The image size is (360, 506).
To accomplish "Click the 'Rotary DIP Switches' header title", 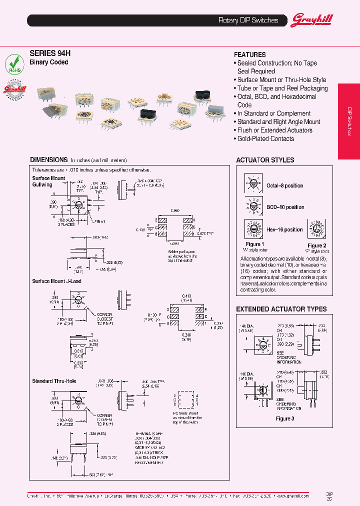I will tap(248, 20).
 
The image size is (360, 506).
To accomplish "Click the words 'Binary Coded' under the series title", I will tap(49, 62).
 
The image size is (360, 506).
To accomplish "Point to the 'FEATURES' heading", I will tap(250, 54).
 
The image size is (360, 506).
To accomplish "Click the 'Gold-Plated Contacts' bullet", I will tap(265, 138).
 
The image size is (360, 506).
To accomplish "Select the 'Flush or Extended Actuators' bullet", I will tap(274, 130).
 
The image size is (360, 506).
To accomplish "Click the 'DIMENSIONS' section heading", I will tap(48, 160).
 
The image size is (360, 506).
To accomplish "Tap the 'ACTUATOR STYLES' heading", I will tap(265, 160).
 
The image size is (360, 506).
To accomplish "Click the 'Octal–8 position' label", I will tap(284, 185).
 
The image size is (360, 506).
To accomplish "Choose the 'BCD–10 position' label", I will tap(285, 207).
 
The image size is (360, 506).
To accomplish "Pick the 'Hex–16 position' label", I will tap(284, 229).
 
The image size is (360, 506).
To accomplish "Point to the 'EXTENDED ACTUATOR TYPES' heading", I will tap(281, 309).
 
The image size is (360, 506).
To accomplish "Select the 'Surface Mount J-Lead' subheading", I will tap(56, 281).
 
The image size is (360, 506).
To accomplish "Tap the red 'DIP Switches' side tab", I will tap(349, 121).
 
